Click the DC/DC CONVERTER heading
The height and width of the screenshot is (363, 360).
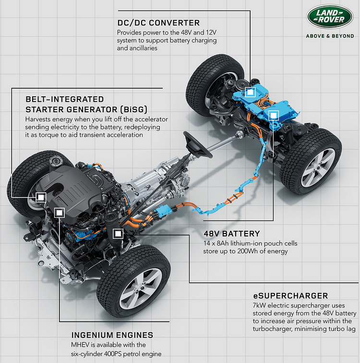pyautogui.click(x=158, y=23)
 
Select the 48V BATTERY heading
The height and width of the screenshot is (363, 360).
pyautogui.click(x=232, y=234)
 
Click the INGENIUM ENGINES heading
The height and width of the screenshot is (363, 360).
pyautogui.click(x=112, y=335)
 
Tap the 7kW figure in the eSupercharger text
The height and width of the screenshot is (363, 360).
pyautogui.click(x=260, y=305)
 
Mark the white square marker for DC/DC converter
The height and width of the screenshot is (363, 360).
pyautogui.click(x=249, y=94)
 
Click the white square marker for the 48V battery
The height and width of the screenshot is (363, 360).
pyautogui.click(x=274, y=115)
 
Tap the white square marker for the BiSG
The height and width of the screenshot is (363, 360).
pyautogui.click(x=41, y=197)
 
